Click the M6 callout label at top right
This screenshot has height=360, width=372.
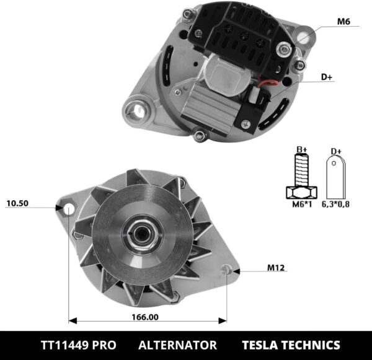pos(343,22)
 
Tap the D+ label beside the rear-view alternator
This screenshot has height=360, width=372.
pos(326,77)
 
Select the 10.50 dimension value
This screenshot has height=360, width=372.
pos(18,203)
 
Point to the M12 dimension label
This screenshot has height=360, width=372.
pos(276,268)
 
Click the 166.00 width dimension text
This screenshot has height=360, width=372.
pos(144,317)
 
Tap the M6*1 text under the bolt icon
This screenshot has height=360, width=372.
pos(302,204)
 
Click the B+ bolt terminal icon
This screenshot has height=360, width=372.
pos(302,174)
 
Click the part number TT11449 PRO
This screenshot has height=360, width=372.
pos(78,345)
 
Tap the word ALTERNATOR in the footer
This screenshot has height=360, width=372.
pos(177,345)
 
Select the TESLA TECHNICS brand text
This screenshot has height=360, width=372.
pos(291,345)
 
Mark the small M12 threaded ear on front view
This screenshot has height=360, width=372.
pos(229,269)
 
